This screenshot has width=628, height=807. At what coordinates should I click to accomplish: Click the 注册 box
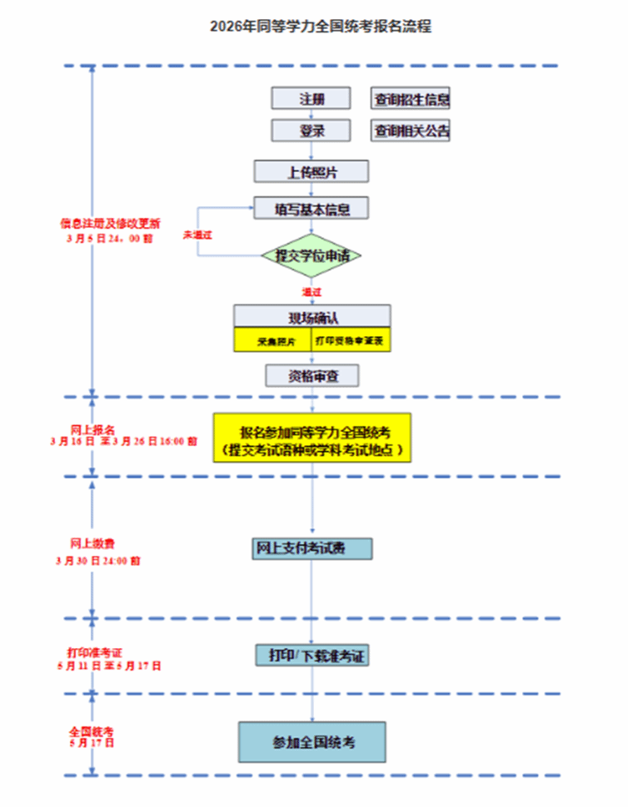click(312, 99)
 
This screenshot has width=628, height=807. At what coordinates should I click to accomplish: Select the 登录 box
click(312, 131)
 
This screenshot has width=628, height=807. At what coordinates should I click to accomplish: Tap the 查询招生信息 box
click(411, 99)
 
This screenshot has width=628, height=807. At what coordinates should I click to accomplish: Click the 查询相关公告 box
click(411, 131)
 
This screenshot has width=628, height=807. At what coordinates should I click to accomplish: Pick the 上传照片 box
click(312, 171)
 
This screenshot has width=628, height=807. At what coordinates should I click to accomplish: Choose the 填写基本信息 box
click(312, 207)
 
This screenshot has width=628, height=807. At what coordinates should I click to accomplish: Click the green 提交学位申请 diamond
click(312, 255)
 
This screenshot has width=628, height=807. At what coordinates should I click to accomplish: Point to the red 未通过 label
click(197, 235)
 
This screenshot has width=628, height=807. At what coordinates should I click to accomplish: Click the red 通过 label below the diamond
click(312, 292)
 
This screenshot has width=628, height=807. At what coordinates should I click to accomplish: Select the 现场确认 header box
click(312, 317)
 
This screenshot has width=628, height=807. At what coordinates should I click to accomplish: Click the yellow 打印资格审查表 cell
click(351, 340)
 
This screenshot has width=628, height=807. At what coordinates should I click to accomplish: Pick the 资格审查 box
click(312, 376)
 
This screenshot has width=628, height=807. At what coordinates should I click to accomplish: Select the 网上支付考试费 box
click(312, 548)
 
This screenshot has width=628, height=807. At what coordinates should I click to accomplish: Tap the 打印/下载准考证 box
click(312, 656)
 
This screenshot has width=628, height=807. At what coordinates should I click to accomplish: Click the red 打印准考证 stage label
click(94, 651)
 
